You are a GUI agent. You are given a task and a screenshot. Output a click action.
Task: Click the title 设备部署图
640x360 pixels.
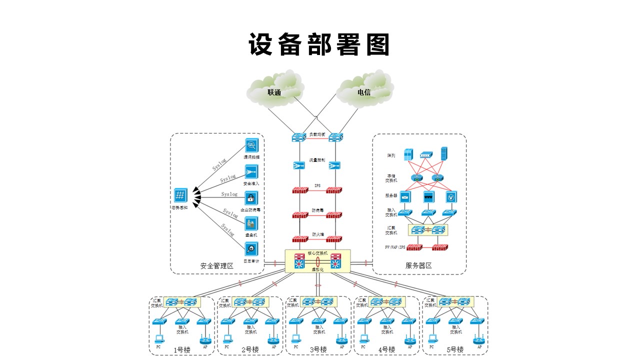point(319,45)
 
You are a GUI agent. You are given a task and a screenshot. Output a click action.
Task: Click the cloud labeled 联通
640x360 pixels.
point(274,91)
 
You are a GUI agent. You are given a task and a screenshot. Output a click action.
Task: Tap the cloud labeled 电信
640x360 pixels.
point(363,91)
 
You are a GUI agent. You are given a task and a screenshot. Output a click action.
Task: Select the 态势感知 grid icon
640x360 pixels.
point(180,195)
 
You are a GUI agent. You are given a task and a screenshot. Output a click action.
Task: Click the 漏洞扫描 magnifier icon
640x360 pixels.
point(251,146)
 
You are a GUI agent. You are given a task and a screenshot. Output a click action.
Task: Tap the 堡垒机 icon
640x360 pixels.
point(251,223)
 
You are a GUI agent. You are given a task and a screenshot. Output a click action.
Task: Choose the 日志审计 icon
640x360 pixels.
point(251,248)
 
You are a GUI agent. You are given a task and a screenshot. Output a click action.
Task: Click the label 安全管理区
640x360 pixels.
point(217,266)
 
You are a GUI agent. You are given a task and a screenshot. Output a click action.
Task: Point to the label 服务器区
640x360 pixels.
point(418,266)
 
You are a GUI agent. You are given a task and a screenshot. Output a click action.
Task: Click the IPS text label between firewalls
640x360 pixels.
point(317,186)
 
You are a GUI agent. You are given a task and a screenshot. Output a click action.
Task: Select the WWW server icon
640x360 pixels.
point(428,196)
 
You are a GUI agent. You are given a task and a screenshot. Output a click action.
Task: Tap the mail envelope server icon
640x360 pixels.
point(405,196)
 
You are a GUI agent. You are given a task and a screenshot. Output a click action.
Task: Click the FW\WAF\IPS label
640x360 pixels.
point(394,247)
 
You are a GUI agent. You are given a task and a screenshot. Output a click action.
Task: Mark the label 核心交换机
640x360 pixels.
point(317,253)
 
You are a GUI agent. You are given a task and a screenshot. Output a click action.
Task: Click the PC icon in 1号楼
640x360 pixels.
point(159,338)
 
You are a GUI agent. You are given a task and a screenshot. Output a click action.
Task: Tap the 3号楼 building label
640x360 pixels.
point(318,349)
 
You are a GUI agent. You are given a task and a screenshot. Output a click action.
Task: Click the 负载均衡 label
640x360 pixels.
point(317,134)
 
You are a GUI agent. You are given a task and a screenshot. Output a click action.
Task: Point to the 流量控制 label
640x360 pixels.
point(317,160)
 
